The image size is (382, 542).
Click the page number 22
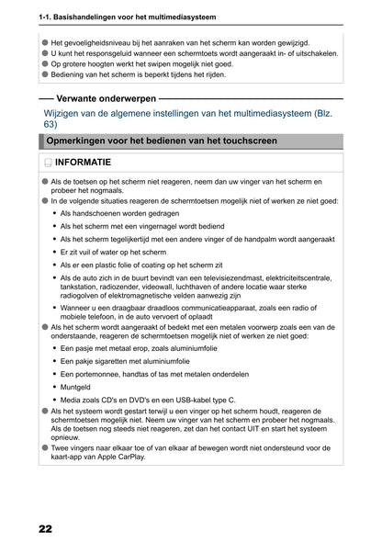pyautogui.click(x=45, y=529)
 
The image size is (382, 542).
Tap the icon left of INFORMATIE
pyautogui.click(x=48, y=164)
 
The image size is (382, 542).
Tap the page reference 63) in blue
pyautogui.click(x=51, y=123)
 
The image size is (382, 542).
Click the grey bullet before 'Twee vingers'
pyautogui.click(x=45, y=447)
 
